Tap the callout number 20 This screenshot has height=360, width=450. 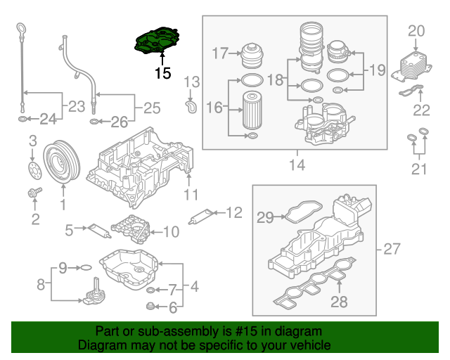[417, 31]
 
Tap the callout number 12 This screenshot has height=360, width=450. [233, 211]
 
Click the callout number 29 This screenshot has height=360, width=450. [264, 218]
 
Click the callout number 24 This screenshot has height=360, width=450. [47, 120]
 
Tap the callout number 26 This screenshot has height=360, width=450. [119, 122]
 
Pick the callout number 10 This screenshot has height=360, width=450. [172, 231]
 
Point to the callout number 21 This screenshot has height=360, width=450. [419, 169]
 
